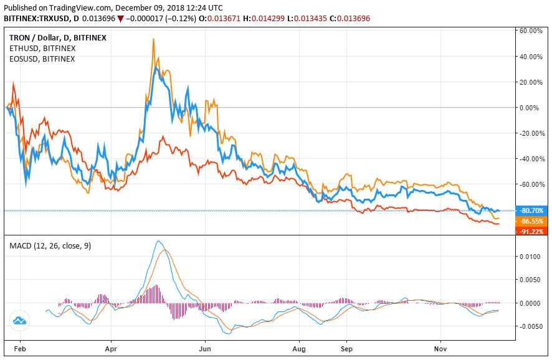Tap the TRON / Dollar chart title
58,37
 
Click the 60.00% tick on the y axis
531,31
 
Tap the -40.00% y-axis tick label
531,159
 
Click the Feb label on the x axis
19,349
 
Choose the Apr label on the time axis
112,349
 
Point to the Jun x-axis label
205,349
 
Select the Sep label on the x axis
347,349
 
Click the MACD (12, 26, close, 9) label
50,246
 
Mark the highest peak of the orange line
153,39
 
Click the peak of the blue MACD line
159,241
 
